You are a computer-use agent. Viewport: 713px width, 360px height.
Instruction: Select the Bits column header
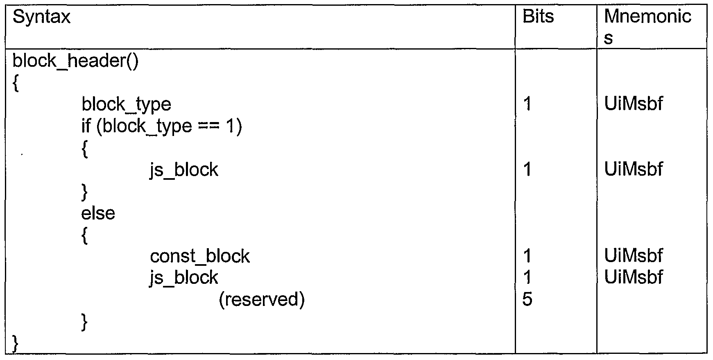[538, 17]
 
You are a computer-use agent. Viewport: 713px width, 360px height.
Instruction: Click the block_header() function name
[76, 61]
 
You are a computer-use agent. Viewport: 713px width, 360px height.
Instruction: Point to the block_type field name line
[126, 104]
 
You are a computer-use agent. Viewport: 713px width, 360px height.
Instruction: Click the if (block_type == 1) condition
[161, 126]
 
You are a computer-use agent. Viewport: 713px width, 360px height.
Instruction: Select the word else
[98, 213]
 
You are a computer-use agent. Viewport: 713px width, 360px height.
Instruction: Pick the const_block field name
[199, 256]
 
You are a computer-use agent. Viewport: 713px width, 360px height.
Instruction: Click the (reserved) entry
[262, 300]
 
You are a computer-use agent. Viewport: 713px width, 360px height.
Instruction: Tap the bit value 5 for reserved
[527, 300]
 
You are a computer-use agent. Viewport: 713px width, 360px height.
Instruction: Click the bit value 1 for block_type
[527, 104]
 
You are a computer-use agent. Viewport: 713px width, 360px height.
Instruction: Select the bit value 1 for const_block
[527, 256]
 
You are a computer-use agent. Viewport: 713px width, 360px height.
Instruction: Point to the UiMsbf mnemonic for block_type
[633, 104]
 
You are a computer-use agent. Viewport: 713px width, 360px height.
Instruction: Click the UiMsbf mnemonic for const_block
[633, 256]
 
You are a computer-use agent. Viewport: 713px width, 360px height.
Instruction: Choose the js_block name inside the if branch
[183, 170]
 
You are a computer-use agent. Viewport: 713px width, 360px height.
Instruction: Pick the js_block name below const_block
[183, 278]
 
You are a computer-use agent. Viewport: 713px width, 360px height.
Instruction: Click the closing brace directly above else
[85, 192]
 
